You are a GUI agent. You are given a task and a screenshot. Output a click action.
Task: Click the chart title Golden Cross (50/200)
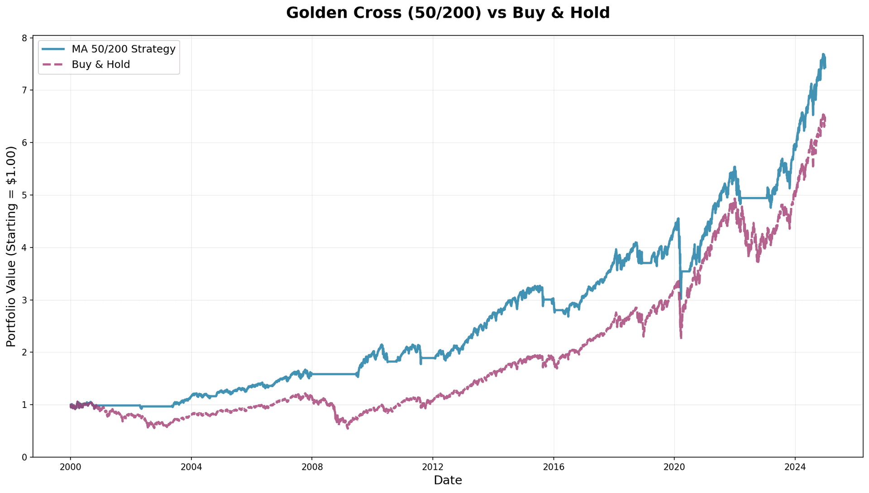click(x=448, y=13)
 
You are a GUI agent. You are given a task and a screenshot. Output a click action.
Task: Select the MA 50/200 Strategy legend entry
click(x=123, y=49)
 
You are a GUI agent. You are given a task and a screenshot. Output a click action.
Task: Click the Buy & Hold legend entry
click(x=100, y=65)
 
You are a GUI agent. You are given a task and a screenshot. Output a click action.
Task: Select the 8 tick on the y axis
click(x=24, y=38)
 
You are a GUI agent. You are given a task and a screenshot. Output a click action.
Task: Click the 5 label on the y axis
click(x=24, y=195)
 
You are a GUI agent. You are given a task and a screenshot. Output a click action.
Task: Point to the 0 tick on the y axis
click(x=24, y=457)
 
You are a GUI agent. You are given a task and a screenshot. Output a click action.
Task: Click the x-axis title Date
click(x=448, y=480)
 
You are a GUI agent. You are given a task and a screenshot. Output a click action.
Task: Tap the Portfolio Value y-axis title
click(x=11, y=246)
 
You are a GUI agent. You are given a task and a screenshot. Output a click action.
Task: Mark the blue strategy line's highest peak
click(x=823, y=54)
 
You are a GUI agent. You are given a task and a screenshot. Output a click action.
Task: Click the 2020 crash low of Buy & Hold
click(x=681, y=337)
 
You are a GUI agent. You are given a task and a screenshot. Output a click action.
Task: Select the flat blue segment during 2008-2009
click(x=335, y=374)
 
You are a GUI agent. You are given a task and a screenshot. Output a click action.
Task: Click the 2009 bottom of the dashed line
click(x=347, y=427)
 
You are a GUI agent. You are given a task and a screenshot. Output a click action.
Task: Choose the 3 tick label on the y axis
click(x=24, y=300)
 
